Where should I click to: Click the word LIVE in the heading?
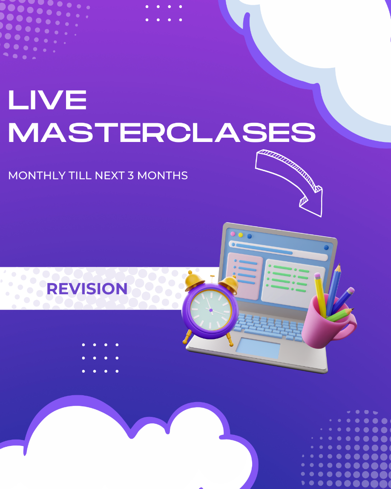tap(47, 100)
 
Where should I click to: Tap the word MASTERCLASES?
tap(162, 133)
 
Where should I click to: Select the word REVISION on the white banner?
tap(87, 289)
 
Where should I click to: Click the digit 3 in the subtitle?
tap(131, 176)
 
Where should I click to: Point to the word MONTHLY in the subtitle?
tap(37, 176)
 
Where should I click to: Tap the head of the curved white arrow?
tap(311, 201)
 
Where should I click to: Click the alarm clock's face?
tap(211, 310)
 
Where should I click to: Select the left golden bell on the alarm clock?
tap(194, 281)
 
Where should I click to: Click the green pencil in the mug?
tap(339, 315)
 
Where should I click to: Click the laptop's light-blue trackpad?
tap(258, 348)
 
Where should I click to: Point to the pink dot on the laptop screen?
tap(233, 234)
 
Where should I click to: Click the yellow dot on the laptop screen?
tap(241, 235)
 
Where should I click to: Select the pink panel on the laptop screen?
tap(245, 276)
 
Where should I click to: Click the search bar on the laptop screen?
tap(278, 251)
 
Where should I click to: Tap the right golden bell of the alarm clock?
tap(229, 284)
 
